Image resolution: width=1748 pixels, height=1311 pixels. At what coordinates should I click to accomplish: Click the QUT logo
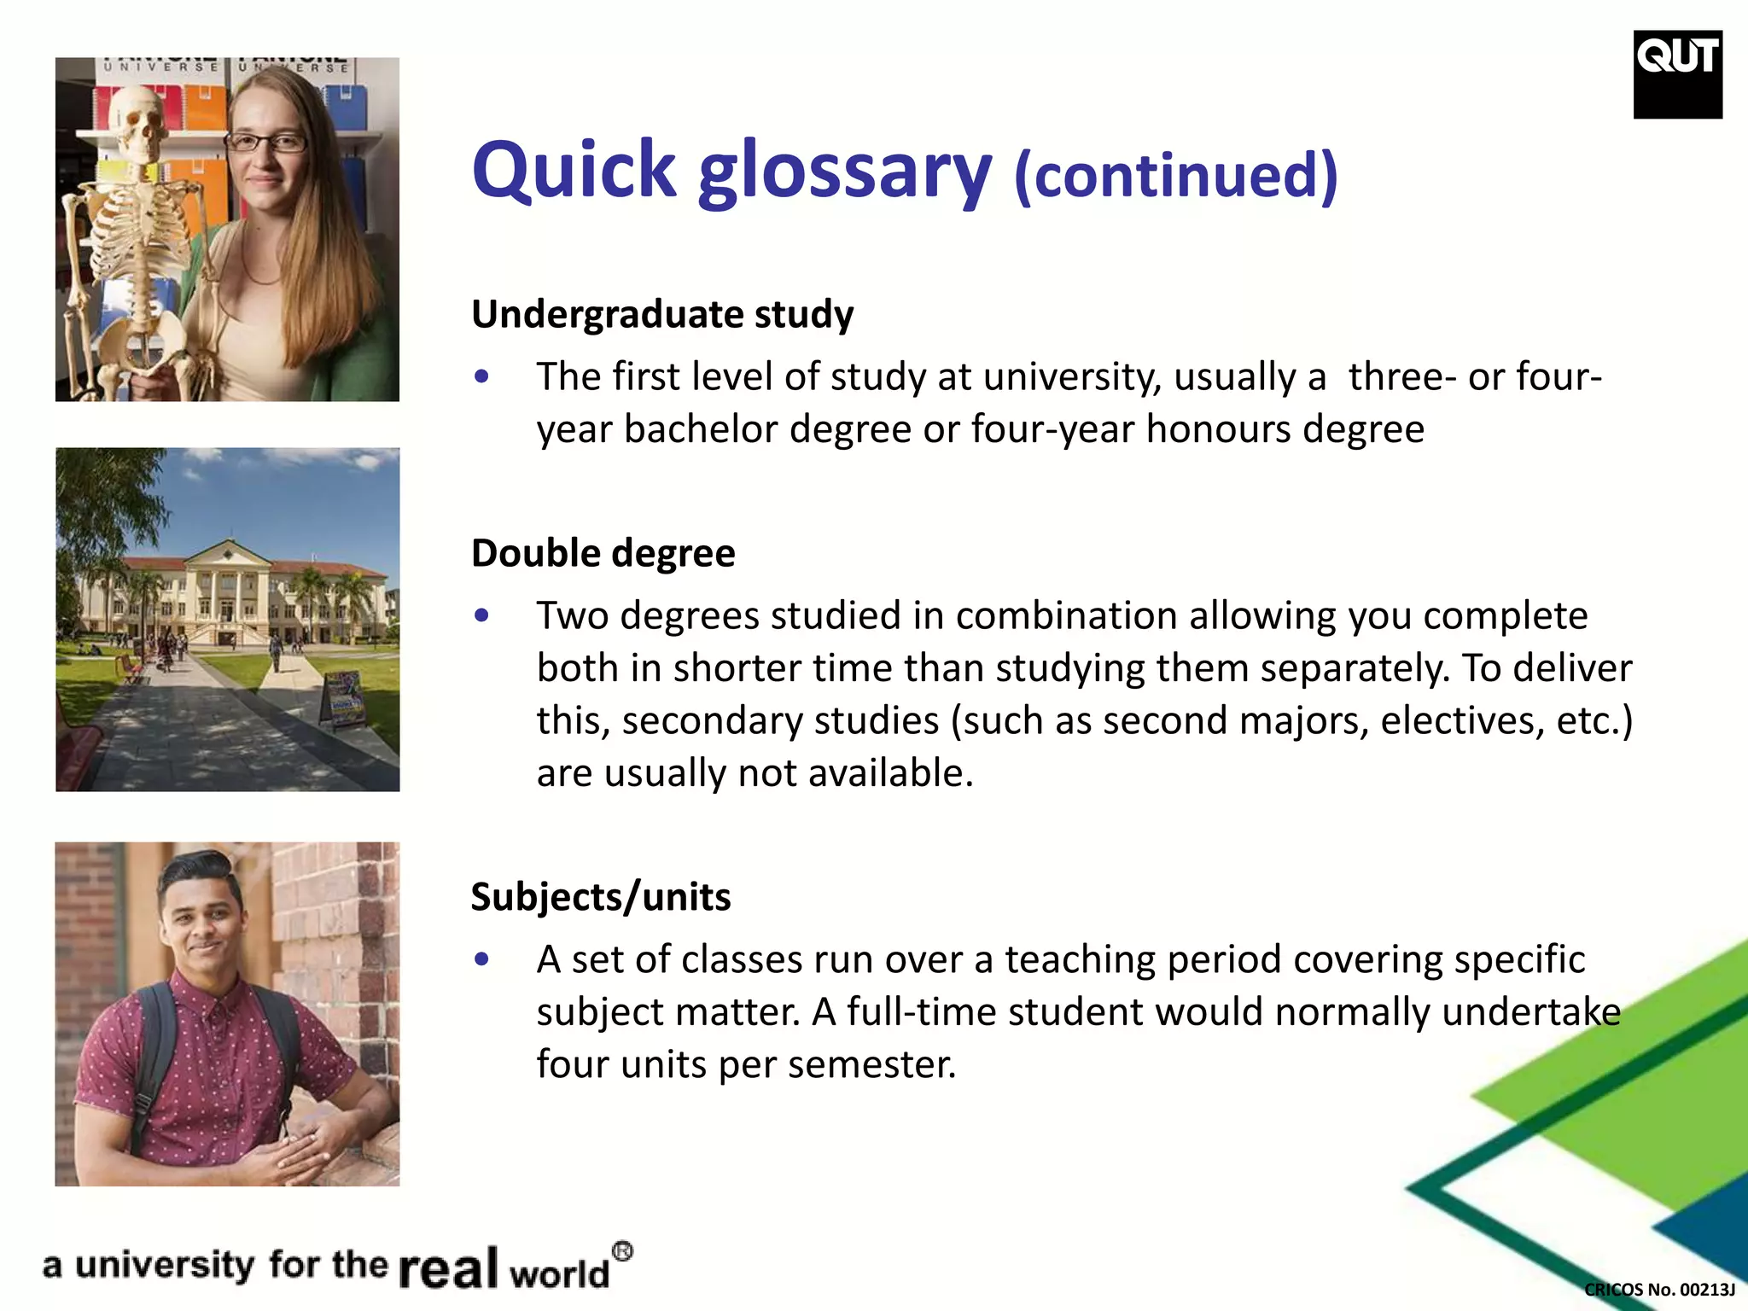(x=1677, y=73)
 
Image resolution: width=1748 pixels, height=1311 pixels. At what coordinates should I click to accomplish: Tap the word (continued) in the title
(x=1175, y=175)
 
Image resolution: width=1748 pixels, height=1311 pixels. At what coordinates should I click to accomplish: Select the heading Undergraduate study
(x=661, y=314)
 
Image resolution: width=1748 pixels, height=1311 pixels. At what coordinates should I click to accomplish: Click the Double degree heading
(x=603, y=553)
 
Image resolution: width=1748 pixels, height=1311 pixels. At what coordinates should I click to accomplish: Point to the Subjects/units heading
(x=600, y=897)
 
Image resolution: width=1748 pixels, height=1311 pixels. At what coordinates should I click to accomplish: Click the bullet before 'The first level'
(x=482, y=376)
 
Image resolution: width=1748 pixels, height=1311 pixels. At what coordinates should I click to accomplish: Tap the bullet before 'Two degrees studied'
(x=482, y=615)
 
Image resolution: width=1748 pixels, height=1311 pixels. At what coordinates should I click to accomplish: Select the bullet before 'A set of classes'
(x=482, y=959)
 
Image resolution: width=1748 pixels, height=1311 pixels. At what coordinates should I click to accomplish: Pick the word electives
(x=1462, y=721)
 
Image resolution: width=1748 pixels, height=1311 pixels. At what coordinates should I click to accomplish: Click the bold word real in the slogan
(x=448, y=1267)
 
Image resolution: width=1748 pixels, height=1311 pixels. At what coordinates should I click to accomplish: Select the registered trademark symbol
(x=623, y=1251)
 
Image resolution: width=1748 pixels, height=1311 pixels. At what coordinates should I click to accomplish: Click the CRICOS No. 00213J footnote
(x=1659, y=1290)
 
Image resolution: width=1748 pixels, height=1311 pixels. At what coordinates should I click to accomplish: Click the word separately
(x=1350, y=668)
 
